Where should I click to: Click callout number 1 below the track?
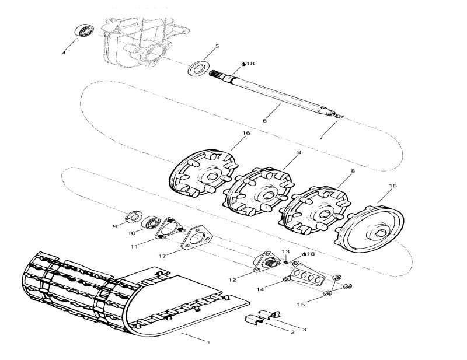(x=208, y=342)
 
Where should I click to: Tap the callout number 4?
(x=64, y=53)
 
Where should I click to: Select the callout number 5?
(x=217, y=46)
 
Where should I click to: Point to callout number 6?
(x=264, y=121)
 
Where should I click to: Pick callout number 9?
(x=114, y=226)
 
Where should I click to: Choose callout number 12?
(x=232, y=280)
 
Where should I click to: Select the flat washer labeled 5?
(x=198, y=67)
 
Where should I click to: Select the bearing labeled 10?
(x=152, y=222)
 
